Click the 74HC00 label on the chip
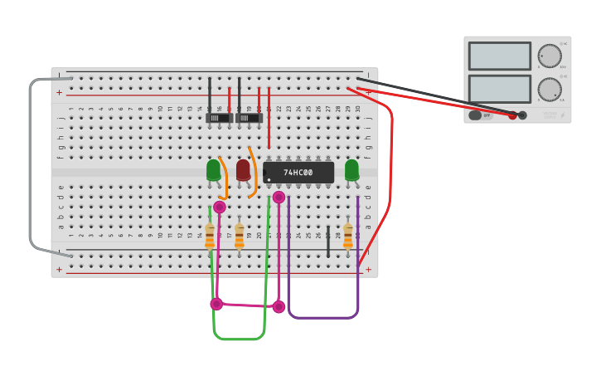click(x=298, y=173)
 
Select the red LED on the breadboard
click(x=243, y=169)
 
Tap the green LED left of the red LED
click(x=213, y=169)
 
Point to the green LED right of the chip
click(x=351, y=169)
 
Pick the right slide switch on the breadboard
click(x=249, y=118)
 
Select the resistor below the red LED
click(x=240, y=236)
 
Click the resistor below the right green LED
click(x=348, y=236)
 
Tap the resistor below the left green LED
click(x=210, y=236)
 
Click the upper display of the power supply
click(x=499, y=56)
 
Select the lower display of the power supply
click(x=499, y=89)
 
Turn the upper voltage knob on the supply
click(x=549, y=56)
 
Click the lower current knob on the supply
click(x=549, y=89)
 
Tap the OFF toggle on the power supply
click(x=480, y=115)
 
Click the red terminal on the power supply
click(x=512, y=115)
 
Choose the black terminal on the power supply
click(x=522, y=115)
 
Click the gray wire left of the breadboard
click(x=31, y=166)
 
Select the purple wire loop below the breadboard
click(x=323, y=318)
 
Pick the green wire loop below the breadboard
click(x=239, y=339)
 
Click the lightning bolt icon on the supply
click(x=563, y=115)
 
